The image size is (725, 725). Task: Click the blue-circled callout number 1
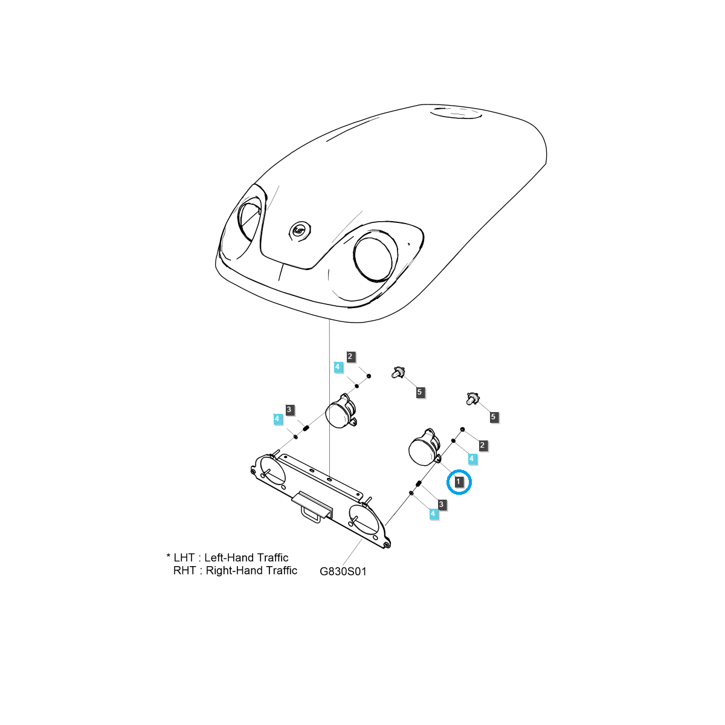[459, 482]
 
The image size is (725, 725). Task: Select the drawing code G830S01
[343, 571]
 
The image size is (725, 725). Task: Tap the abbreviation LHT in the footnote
[185, 558]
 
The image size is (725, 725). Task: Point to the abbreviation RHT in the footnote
[184, 570]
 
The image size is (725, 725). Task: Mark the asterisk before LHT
[168, 556]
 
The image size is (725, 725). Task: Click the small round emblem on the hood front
[299, 230]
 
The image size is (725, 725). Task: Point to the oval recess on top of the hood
[456, 112]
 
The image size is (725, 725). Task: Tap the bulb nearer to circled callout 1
[472, 399]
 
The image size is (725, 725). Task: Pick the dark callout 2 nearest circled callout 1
[482, 445]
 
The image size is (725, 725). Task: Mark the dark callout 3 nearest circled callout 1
[442, 504]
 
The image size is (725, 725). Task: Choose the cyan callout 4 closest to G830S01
[433, 514]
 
